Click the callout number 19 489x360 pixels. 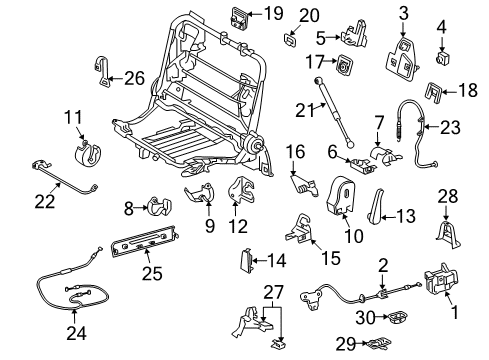click(273, 14)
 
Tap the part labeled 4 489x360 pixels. click(443, 58)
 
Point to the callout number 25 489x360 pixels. click(152, 274)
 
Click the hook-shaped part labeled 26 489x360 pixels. click(103, 71)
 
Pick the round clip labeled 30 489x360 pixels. click(397, 317)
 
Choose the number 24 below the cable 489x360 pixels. click(76, 333)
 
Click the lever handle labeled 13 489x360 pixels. click(374, 207)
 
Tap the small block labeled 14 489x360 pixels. click(245, 261)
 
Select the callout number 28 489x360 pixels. click(448, 196)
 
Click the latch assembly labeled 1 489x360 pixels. click(441, 279)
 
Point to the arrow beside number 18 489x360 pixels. click(449, 91)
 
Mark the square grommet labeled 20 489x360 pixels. click(290, 40)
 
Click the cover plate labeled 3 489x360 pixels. click(403, 59)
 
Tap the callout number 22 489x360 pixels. click(45, 201)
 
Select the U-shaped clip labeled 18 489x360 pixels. click(433, 91)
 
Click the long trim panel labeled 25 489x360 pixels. click(145, 242)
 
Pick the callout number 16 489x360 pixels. click(295, 152)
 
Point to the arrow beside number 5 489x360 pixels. click(333, 38)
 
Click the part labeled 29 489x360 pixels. click(378, 343)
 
